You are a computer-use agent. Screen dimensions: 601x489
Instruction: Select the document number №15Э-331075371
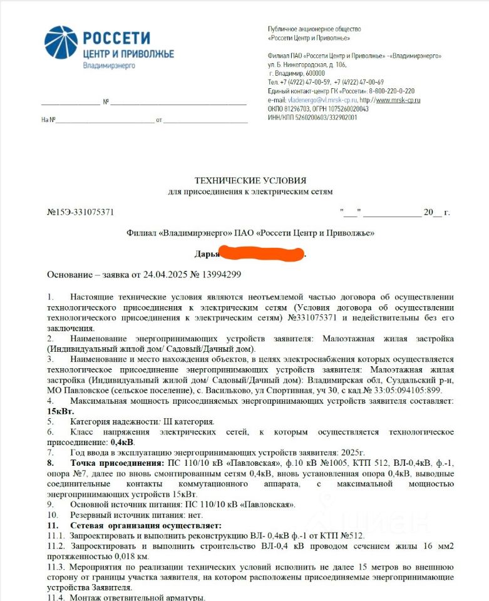click(81, 212)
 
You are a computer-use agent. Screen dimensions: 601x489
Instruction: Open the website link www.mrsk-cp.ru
click(397, 100)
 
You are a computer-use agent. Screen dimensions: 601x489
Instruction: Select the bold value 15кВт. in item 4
click(60, 411)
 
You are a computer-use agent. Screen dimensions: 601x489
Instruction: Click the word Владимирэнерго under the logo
click(109, 65)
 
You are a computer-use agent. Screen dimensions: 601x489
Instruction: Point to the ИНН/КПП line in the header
click(312, 117)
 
